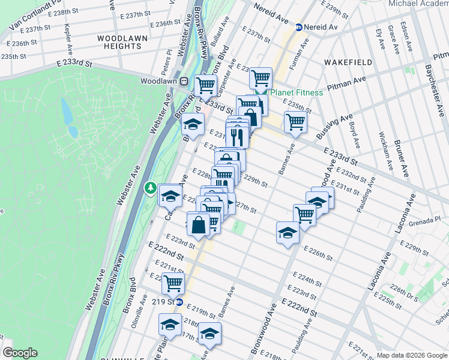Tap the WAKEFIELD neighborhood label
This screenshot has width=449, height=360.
tap(348, 62)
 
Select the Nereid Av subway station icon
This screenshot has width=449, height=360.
tap(298, 27)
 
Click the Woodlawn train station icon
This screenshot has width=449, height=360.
tap(185, 81)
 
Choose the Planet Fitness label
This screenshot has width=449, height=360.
tap(296, 92)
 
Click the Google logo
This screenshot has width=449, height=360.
tap(20, 353)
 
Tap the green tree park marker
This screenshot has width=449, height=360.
tap(149, 188)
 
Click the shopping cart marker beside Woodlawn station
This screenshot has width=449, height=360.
tap(206, 85)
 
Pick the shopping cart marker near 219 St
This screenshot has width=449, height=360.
tap(173, 282)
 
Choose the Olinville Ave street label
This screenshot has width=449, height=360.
tap(135, 313)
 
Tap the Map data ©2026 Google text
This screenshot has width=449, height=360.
tap(412, 355)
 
